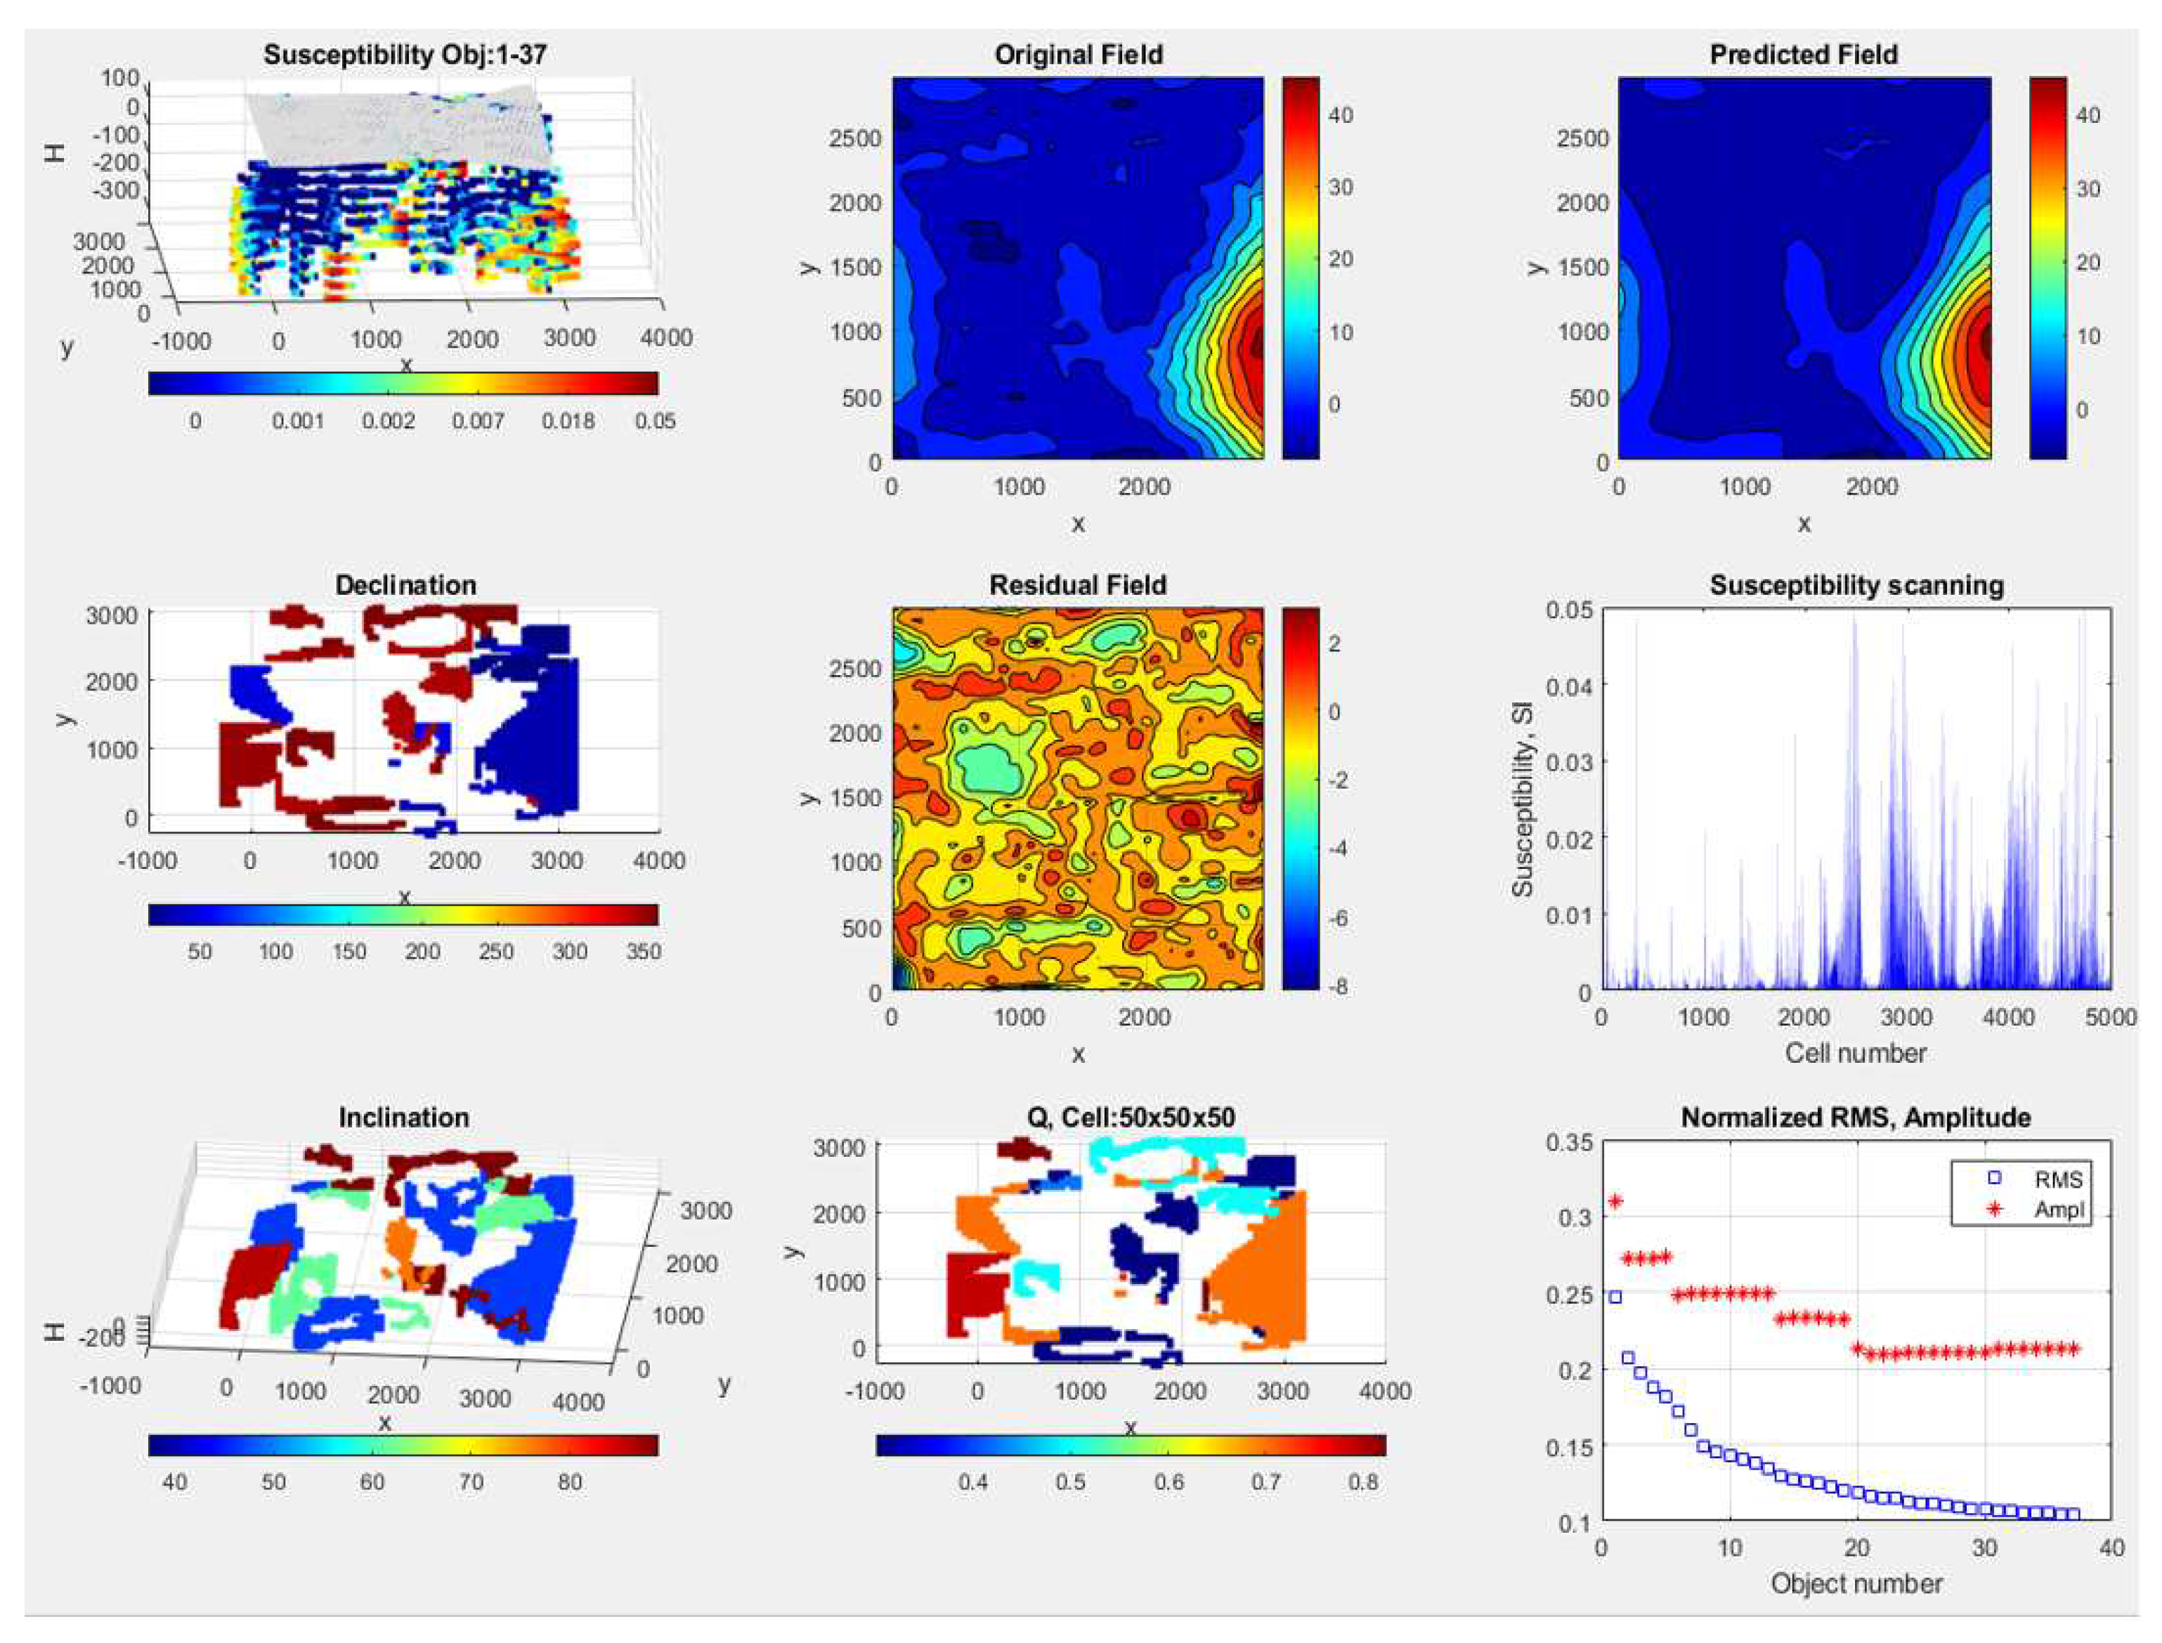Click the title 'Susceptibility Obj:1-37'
pos(404,54)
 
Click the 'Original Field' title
pos(1078,54)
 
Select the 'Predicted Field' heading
pos(1803,54)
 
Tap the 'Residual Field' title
pos(1077,585)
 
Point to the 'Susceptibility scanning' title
pos(1856,585)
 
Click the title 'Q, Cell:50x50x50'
pos(1129,1117)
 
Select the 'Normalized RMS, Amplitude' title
pos(1855,1117)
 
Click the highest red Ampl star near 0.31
pos(1615,1201)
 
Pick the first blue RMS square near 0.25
pos(1615,1297)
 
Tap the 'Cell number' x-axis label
pos(1855,1053)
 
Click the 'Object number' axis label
pos(1855,1584)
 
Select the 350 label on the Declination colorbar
pos(643,952)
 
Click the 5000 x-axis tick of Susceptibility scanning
pos(2110,1017)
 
